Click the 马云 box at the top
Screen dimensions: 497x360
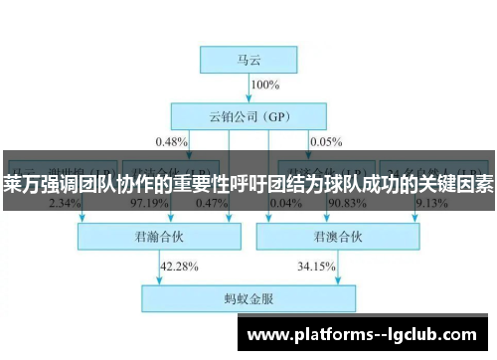point(249,60)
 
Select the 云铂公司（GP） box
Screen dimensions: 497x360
point(249,114)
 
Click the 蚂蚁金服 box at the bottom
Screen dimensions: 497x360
point(248,296)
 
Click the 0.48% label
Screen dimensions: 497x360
point(171,141)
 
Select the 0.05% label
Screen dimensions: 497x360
point(325,141)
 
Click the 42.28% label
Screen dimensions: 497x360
point(179,266)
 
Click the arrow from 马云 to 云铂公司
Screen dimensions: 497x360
point(249,88)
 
